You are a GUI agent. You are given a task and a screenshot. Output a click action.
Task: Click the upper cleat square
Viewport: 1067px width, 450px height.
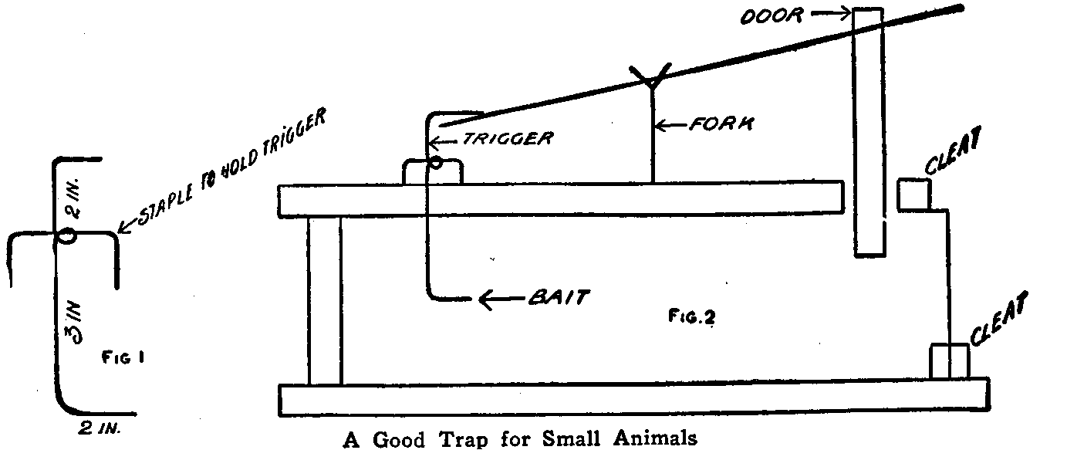click(913, 194)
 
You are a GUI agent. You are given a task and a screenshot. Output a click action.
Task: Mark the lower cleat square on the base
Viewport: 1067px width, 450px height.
click(948, 361)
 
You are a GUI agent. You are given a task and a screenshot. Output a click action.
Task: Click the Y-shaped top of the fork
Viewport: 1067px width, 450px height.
click(653, 77)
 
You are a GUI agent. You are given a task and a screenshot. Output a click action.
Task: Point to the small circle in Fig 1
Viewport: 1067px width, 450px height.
click(65, 236)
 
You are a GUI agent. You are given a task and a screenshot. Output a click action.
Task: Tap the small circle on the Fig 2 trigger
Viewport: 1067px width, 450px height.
click(437, 163)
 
